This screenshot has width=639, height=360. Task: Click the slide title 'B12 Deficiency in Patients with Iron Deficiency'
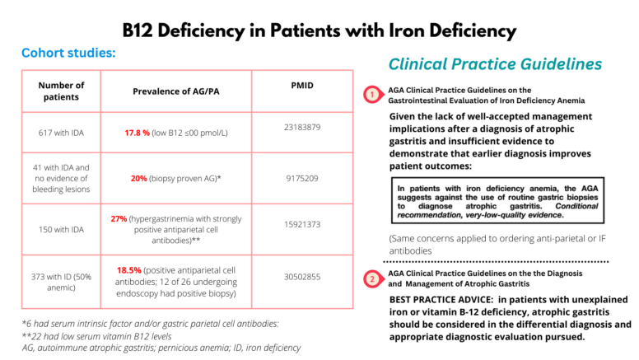pos(319,31)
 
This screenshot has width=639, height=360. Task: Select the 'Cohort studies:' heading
pos(68,54)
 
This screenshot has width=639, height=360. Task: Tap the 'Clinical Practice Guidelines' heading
pos(495,64)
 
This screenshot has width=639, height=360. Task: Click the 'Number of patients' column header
pos(61,91)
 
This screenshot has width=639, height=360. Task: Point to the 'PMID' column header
pos(301,85)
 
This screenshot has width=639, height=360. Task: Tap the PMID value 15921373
pos(301,224)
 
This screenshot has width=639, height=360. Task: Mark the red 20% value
pos(142,177)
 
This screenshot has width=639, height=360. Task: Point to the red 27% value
pos(119,218)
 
